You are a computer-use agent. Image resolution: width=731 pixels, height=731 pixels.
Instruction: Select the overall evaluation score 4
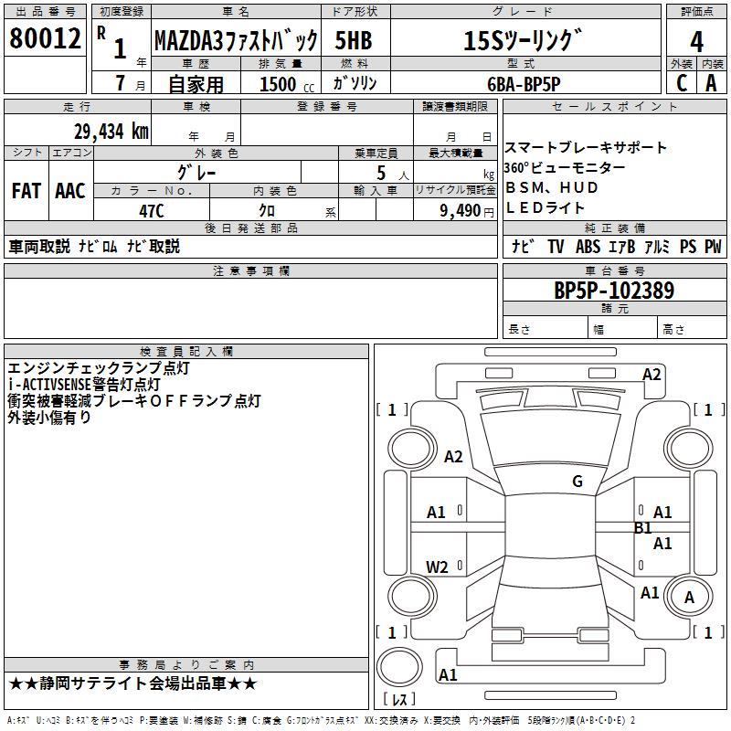tap(697, 41)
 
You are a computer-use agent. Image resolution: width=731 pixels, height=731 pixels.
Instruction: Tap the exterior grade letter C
tap(681, 82)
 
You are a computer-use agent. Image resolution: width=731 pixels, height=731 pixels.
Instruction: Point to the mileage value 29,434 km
tap(111, 132)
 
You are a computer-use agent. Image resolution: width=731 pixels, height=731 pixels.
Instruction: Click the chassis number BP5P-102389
tap(614, 291)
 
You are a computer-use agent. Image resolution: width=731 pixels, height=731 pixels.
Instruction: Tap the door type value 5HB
tap(353, 41)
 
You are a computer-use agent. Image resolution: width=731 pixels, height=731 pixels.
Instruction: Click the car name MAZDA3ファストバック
tap(236, 41)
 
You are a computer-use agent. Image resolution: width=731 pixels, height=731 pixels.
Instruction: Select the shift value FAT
tap(26, 191)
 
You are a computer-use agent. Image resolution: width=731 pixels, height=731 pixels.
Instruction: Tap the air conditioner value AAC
tap(70, 191)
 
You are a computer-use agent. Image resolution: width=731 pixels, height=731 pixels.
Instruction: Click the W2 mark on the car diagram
tap(438, 567)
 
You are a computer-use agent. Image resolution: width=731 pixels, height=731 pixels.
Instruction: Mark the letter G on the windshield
tap(577, 482)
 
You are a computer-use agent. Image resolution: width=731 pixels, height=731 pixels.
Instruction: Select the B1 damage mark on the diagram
tap(643, 528)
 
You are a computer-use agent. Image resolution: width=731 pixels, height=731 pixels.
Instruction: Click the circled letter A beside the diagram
tap(690, 598)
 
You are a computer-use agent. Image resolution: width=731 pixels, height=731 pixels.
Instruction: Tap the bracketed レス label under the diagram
tap(399, 700)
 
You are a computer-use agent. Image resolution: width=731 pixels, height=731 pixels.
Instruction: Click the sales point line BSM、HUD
tap(552, 187)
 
